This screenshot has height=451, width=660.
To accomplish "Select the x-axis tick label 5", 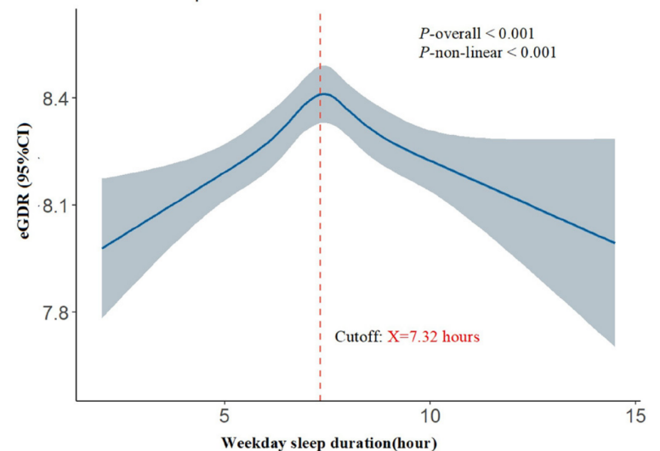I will pos(224,416).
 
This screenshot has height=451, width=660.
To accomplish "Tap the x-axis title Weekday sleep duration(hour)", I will pos(330,442).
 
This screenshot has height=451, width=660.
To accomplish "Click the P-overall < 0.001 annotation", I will pos(476,34).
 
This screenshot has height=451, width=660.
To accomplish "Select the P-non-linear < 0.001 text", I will pos(487,53).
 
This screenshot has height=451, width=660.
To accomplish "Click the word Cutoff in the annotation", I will pos(356,337).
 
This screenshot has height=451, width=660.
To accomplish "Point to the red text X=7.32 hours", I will pos(434,337).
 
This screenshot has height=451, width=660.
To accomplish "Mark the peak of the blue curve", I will pos(324,93).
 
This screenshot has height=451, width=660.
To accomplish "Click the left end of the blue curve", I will pos(102,248).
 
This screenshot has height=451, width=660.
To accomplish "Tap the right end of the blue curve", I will pos(614,243).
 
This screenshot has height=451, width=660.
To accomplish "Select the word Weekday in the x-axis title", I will pos(258,442).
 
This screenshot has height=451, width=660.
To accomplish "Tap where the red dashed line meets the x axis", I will pos(320,400).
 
